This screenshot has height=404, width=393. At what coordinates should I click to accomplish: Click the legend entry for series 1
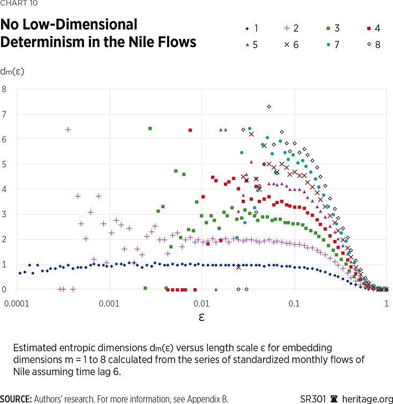pos(250,28)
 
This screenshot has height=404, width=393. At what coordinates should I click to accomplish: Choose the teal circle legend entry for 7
pos(330,44)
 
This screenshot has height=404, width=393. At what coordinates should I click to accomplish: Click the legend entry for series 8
pos(371,44)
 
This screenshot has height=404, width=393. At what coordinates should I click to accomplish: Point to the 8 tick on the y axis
pos(4,89)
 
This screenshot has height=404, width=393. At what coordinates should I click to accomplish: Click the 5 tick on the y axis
pos(4,164)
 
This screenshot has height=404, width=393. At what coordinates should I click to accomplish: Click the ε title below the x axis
pos(202,317)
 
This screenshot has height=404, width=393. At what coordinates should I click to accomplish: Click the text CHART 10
pos(16,5)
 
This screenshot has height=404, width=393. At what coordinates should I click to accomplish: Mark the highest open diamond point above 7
pos(269,106)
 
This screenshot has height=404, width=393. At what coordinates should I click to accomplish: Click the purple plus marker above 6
pos(68,129)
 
